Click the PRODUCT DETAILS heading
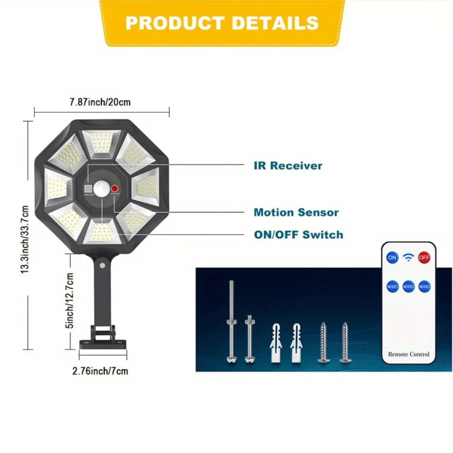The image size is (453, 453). [x=222, y=23]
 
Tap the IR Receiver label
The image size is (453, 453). [x=288, y=165]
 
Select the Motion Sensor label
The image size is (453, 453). [x=296, y=212]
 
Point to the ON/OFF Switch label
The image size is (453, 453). [x=298, y=235]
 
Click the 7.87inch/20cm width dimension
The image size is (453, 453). [x=100, y=102]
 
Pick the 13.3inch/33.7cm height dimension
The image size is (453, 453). [x=25, y=239]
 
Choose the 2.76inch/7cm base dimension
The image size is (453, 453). [x=100, y=371]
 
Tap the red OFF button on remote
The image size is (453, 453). [x=424, y=257]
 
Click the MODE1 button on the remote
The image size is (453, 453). [x=392, y=286]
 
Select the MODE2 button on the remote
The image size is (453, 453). [x=409, y=286]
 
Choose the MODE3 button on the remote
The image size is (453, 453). [x=424, y=286]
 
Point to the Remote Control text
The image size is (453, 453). [x=409, y=354]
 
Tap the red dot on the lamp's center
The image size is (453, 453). [x=115, y=189]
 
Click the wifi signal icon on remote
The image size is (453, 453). [x=409, y=257]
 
